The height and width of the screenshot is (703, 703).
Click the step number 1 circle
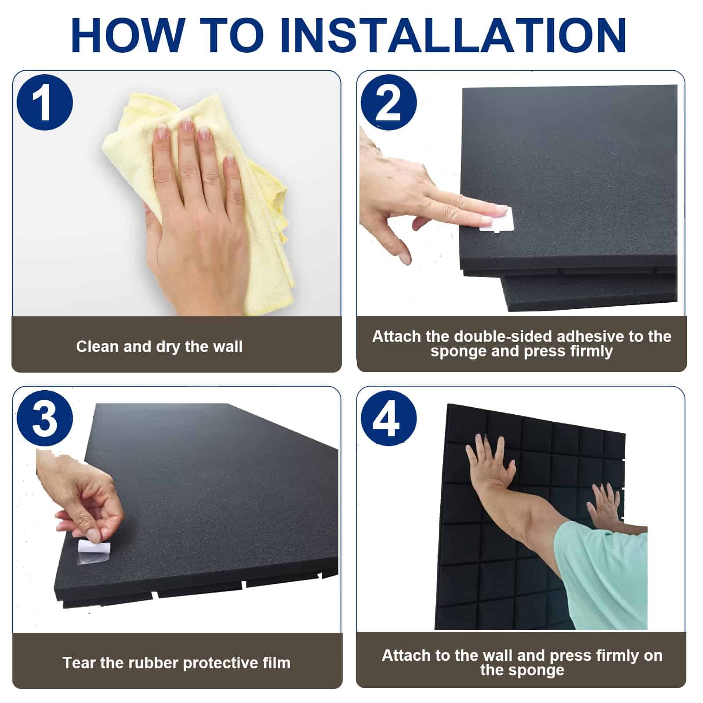click(45, 102)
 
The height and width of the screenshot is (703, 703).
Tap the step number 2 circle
click(389, 102)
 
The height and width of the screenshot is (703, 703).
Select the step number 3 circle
click(45, 418)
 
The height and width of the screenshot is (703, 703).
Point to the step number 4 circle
click(389, 418)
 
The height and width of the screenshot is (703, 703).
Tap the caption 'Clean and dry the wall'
click(159, 347)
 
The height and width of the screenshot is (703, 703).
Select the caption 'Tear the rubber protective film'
click(177, 663)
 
